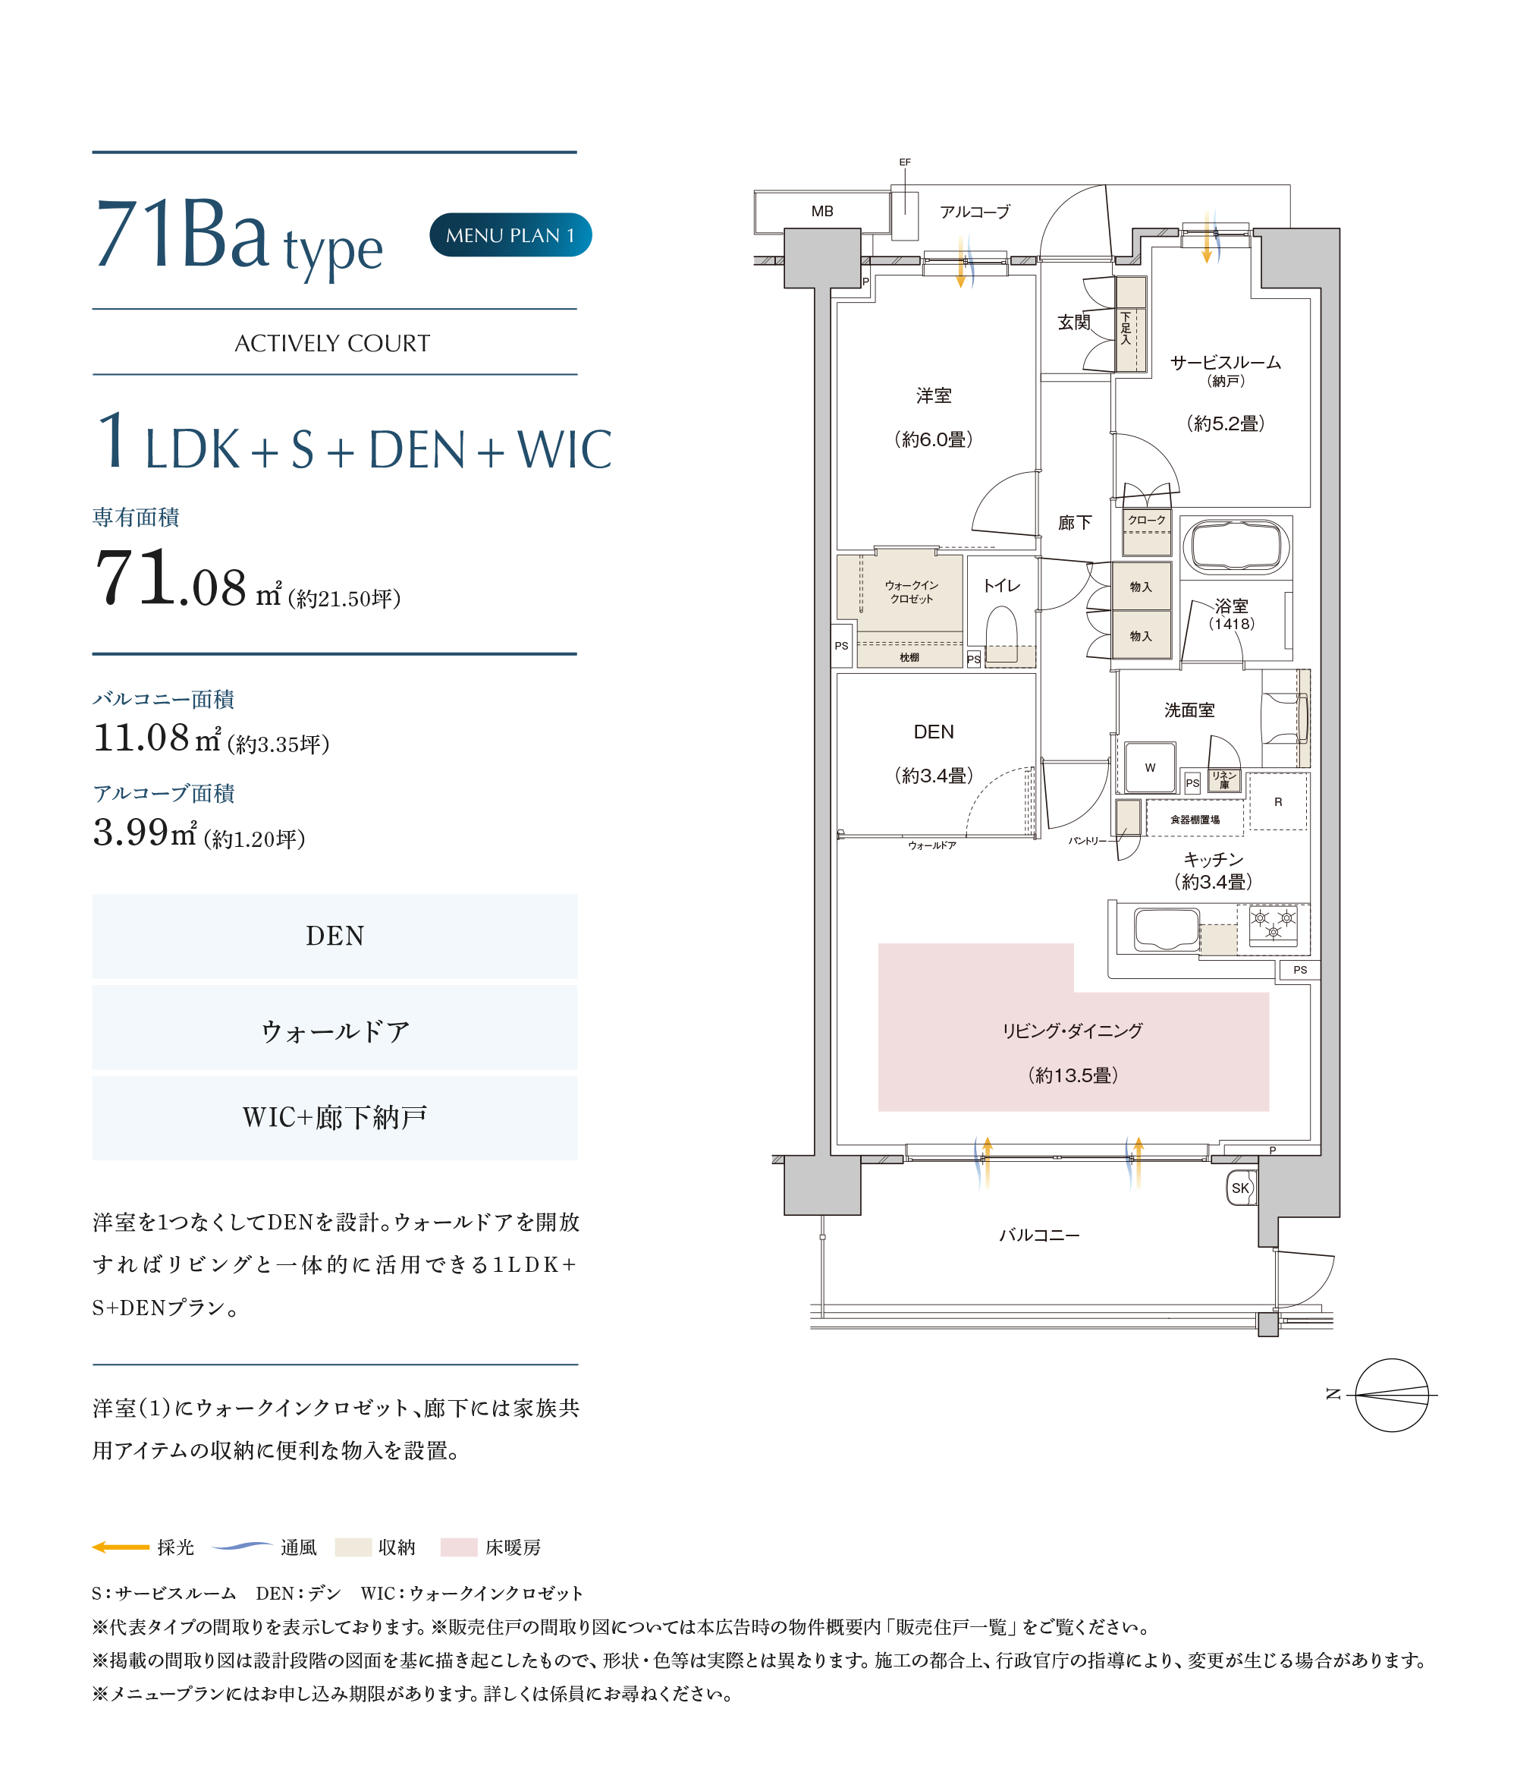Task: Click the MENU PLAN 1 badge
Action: [510, 234]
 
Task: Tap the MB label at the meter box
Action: [821, 211]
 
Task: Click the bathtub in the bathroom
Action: [1235, 546]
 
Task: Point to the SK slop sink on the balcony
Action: [1240, 1188]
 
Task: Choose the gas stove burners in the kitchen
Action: [1273, 925]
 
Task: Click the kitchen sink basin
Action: [1166, 929]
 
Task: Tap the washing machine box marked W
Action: [1150, 767]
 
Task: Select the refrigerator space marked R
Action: [1278, 801]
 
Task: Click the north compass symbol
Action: [1390, 1394]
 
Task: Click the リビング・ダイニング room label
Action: [1073, 1031]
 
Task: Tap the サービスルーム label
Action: [1226, 362]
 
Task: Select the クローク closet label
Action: [1146, 520]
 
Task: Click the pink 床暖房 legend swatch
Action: [458, 1547]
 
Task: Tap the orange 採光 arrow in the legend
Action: [121, 1547]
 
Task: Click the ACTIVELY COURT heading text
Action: [332, 343]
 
